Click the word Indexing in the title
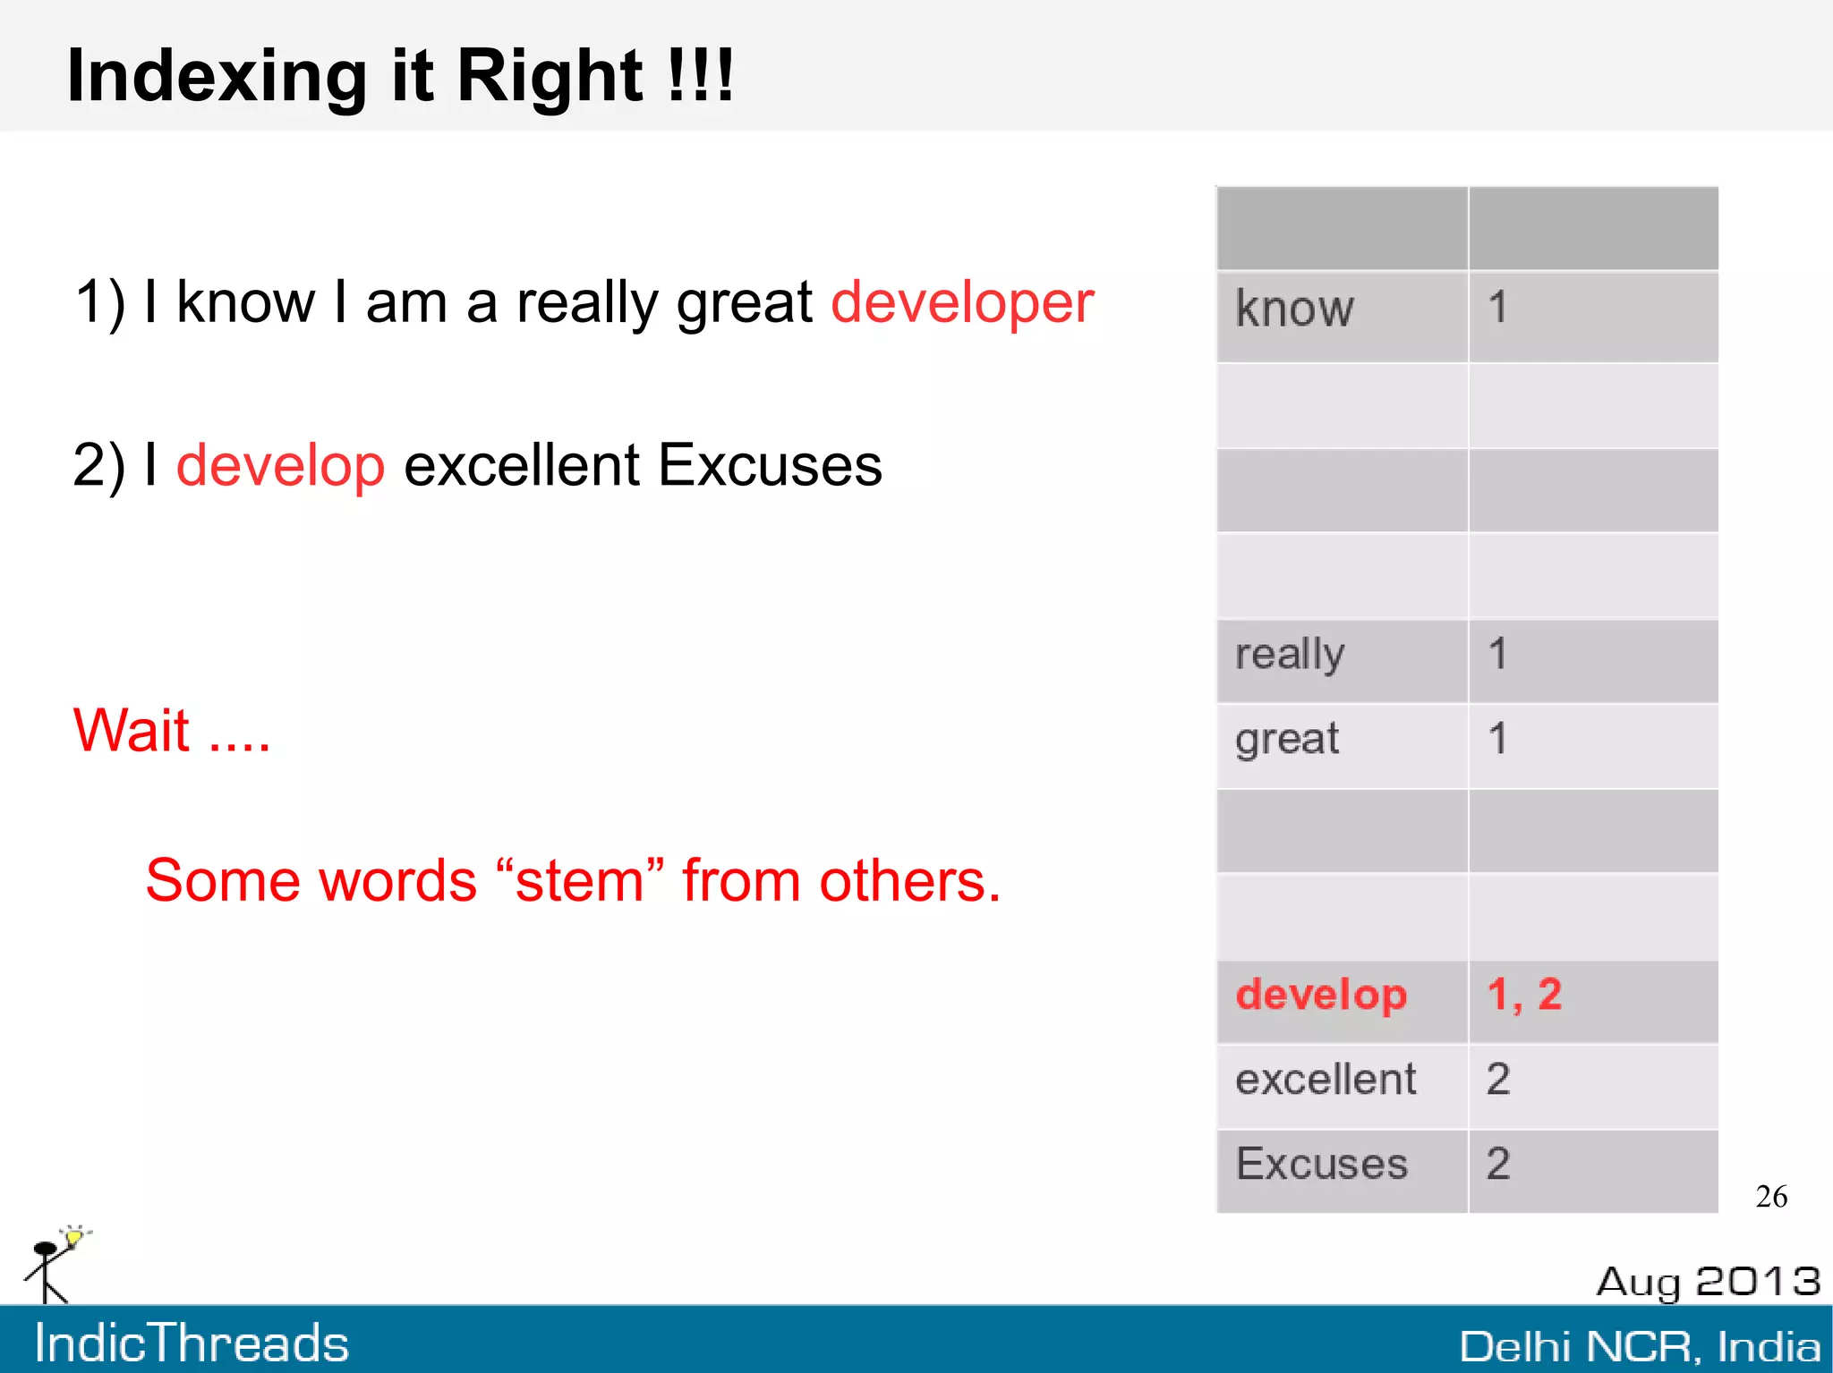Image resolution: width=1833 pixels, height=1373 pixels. (x=216, y=77)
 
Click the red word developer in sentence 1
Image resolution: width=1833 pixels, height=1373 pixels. (x=961, y=302)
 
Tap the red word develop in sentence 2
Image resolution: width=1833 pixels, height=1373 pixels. (x=280, y=465)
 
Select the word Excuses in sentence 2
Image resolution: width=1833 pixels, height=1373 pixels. (x=770, y=465)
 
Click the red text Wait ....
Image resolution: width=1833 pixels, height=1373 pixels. (x=132, y=731)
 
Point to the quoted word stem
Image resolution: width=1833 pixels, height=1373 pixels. (x=579, y=881)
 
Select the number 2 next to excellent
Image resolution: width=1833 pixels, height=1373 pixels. (x=1498, y=1080)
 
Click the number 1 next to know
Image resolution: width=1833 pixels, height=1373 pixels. (x=1497, y=308)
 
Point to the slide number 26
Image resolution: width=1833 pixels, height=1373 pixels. (x=1771, y=1197)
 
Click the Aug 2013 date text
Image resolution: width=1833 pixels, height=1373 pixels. (x=1708, y=1282)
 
